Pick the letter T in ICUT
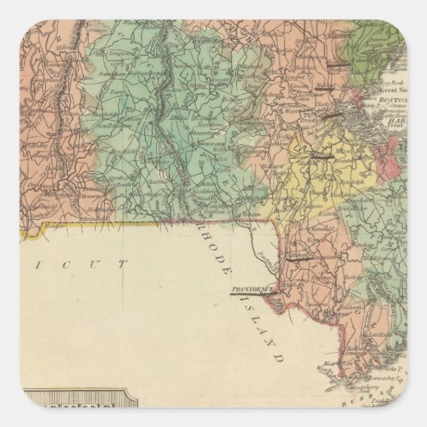[x=124, y=263]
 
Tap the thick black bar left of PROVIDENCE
[x=239, y=294]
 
